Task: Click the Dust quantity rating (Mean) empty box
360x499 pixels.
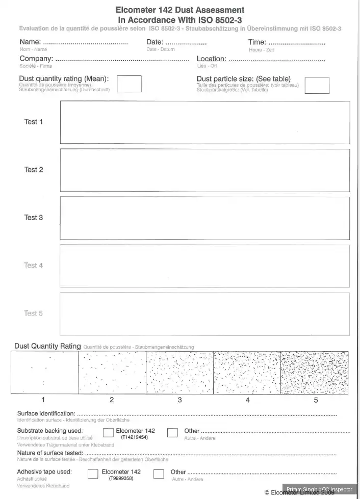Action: point(129,84)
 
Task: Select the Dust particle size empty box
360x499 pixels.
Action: point(317,85)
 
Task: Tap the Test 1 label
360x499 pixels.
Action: point(34,122)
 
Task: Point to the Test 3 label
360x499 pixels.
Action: point(34,218)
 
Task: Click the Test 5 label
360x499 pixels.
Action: point(34,313)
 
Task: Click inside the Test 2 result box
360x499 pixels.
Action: point(204,170)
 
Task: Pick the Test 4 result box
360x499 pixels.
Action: point(204,266)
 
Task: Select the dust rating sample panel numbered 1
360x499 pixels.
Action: point(44,372)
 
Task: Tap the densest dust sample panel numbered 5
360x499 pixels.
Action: point(315,372)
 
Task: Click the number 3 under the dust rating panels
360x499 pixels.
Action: point(179,400)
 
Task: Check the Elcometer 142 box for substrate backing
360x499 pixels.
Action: point(108,433)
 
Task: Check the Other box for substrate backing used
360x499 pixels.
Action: point(172,433)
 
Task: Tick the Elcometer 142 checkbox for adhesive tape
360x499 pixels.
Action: point(93,474)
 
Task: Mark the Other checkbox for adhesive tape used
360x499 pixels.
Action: point(159,474)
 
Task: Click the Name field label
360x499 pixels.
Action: point(31,42)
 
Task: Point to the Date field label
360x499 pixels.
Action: point(155,42)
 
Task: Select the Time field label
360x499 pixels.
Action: point(257,42)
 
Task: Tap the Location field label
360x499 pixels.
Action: point(212,59)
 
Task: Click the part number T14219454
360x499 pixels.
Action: point(134,437)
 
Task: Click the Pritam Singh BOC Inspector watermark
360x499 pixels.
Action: point(319,489)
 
